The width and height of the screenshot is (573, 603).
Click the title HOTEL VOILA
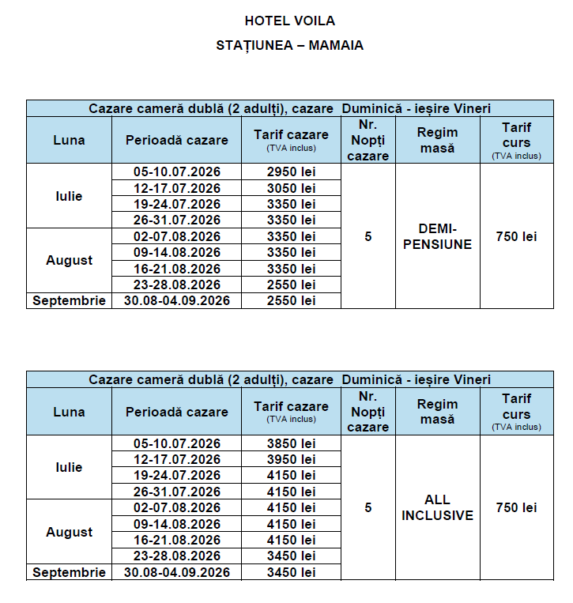(x=289, y=21)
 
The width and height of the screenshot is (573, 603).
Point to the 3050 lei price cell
(x=291, y=188)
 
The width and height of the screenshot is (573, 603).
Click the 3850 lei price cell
(x=291, y=443)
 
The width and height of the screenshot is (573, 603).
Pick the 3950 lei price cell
(x=291, y=459)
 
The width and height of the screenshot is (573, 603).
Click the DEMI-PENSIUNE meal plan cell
(x=437, y=236)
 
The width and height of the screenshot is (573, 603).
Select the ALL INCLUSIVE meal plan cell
(x=437, y=507)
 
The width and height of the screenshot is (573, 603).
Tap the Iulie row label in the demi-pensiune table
(x=69, y=196)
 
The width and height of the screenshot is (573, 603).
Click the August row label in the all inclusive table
(x=69, y=532)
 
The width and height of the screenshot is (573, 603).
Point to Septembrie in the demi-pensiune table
(x=69, y=300)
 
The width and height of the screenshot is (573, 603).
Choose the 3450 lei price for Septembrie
(x=291, y=572)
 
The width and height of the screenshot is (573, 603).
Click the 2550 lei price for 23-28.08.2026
(x=291, y=285)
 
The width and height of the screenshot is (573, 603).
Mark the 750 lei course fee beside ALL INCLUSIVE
(x=516, y=507)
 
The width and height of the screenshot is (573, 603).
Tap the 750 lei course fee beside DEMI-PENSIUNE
(x=516, y=236)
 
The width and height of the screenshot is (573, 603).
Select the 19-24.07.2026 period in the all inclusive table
(x=177, y=475)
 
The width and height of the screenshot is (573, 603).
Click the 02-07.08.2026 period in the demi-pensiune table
(x=177, y=236)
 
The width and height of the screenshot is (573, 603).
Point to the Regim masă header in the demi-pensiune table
(x=437, y=140)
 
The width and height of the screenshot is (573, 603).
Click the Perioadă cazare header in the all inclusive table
(x=177, y=411)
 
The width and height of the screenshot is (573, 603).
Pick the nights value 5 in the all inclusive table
(x=368, y=507)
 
